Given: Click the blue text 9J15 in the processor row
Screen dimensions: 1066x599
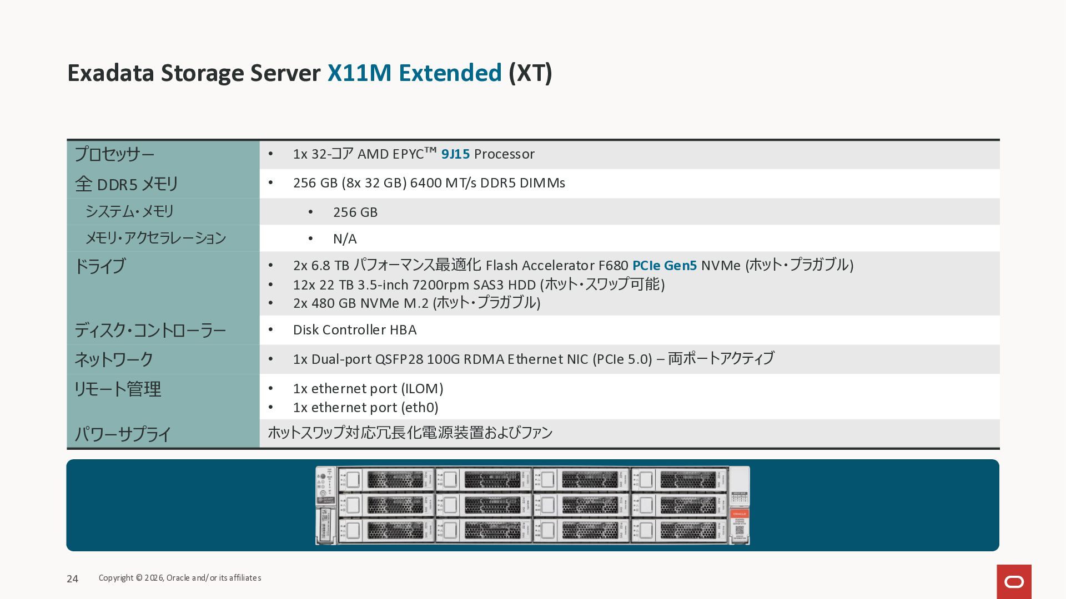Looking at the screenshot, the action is tap(455, 154).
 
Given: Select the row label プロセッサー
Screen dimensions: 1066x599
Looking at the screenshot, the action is tap(114, 154).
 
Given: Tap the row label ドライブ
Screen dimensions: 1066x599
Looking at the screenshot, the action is tap(100, 266).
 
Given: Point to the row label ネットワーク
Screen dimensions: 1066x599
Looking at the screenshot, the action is tap(114, 359).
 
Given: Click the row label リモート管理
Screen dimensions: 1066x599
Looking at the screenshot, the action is tap(117, 389).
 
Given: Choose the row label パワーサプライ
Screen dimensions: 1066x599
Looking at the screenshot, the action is tap(123, 434).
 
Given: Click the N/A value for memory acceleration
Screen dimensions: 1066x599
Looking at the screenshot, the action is tap(344, 239).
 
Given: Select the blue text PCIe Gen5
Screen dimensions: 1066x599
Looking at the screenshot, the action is tap(664, 266).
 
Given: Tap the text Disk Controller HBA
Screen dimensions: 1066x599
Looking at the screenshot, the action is tap(354, 330).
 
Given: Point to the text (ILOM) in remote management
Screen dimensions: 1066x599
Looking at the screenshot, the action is tap(422, 389).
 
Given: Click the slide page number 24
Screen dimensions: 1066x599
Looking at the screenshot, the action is tap(72, 579).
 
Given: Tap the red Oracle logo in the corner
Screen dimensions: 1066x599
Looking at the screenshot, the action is tap(1014, 582).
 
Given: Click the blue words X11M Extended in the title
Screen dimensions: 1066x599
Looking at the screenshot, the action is tap(414, 73).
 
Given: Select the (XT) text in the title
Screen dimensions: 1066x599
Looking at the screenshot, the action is tap(530, 73).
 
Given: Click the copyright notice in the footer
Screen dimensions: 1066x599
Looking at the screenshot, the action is tap(180, 578).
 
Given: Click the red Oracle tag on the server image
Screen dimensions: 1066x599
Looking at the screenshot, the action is tap(739, 514).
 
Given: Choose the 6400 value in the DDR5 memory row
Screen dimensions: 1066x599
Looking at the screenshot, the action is tap(425, 183).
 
